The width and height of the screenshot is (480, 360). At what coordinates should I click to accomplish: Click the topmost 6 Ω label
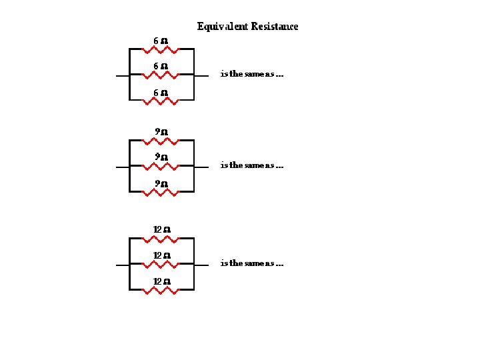(160, 41)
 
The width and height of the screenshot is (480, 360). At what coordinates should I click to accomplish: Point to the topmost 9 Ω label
(160, 132)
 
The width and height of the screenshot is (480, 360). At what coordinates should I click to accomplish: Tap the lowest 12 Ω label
(162, 281)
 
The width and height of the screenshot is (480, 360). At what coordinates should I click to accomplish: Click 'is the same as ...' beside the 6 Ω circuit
(251, 74)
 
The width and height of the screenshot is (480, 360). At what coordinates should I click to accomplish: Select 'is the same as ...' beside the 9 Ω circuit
(251, 165)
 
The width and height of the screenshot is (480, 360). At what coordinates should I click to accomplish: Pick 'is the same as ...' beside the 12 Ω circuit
(251, 263)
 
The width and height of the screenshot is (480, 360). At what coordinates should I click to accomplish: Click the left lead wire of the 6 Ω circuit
(122, 76)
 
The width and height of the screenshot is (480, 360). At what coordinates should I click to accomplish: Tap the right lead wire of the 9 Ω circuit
(201, 167)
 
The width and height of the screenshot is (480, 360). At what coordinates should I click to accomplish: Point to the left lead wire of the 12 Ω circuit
(122, 265)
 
